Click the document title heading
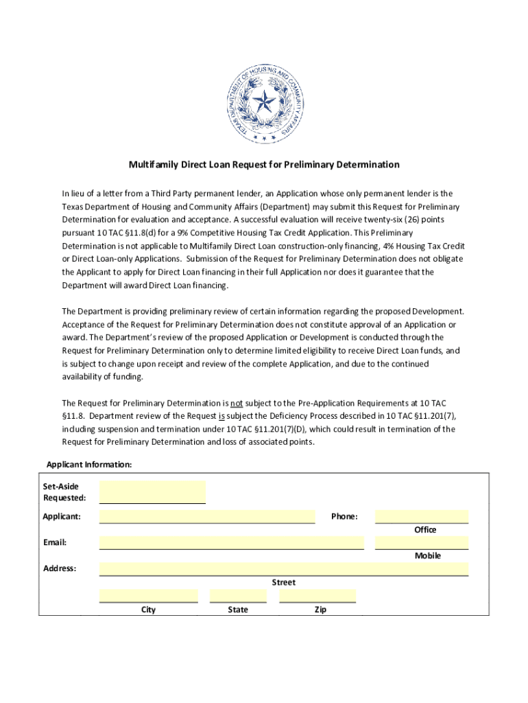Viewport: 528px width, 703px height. [264, 165]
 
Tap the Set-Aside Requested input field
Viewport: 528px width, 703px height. [152, 492]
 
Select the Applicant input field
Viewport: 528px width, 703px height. [207, 517]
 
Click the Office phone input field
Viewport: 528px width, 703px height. [422, 517]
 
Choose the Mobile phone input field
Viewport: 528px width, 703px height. [422, 543]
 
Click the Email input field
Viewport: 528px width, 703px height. [231, 543]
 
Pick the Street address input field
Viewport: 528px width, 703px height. [283, 569]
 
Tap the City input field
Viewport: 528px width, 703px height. [148, 595]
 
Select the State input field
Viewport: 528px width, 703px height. [238, 595]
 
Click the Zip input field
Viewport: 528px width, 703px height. [317, 595]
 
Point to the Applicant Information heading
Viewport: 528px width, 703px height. [88, 465]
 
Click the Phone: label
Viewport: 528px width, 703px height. [344, 516]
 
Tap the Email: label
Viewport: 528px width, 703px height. [55, 542]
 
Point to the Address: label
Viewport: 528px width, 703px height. [60, 568]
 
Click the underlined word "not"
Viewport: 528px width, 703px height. [237, 403]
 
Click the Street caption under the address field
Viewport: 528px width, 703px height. [283, 582]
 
